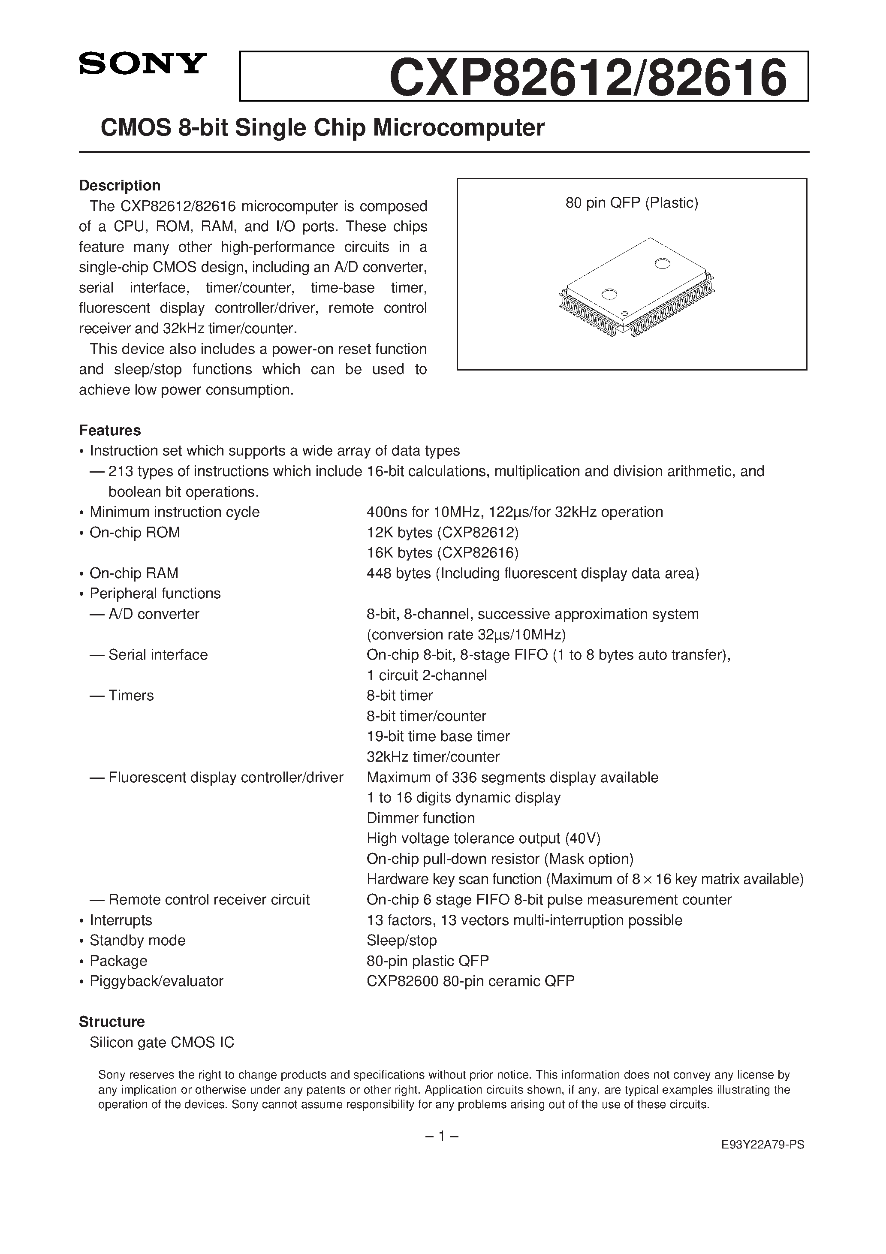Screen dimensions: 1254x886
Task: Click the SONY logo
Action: click(x=142, y=63)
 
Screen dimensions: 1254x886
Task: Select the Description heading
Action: click(x=120, y=186)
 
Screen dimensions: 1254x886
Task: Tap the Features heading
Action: click(x=110, y=431)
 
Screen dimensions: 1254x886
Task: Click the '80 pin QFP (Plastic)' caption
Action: click(x=631, y=203)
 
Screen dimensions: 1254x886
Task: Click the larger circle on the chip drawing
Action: click(x=662, y=264)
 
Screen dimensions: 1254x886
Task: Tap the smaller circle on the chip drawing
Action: click(x=609, y=294)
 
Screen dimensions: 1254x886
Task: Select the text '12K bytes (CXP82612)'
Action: click(x=443, y=533)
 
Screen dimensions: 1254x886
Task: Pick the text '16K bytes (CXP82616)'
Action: click(x=443, y=553)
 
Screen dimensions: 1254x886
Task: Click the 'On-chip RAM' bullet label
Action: click(x=134, y=573)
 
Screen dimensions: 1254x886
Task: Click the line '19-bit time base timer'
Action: click(x=438, y=736)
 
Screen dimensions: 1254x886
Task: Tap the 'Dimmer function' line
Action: click(x=421, y=818)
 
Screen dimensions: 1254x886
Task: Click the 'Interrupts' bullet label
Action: click(x=120, y=920)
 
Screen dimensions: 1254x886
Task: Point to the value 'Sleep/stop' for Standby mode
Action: click(x=401, y=940)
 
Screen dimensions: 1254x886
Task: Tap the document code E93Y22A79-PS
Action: click(x=762, y=1161)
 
